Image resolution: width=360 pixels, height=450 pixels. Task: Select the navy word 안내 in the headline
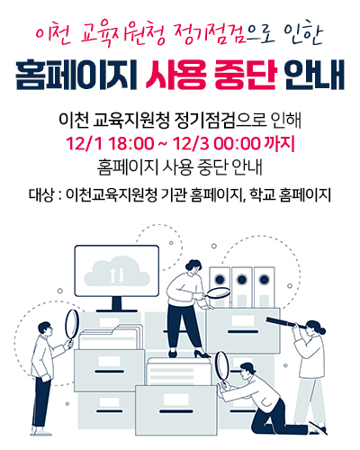point(314,75)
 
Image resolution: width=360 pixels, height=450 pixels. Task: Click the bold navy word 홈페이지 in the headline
point(76,75)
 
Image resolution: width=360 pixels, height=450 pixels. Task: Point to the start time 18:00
point(130,144)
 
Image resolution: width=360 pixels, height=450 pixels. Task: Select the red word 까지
point(279,144)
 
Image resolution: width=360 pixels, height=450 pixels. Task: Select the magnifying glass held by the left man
point(71,327)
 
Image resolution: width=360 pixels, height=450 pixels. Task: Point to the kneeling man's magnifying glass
point(222,368)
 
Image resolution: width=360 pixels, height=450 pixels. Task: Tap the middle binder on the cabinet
point(242,287)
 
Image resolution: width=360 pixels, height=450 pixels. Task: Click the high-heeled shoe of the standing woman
point(202,354)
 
